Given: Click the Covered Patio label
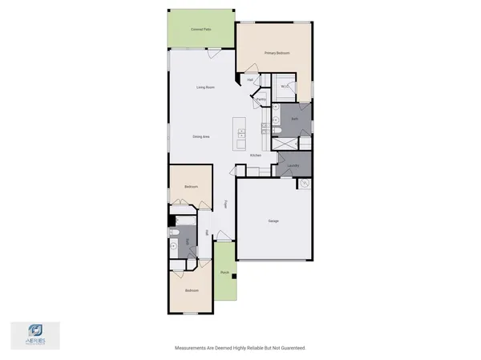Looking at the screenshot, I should (201, 29).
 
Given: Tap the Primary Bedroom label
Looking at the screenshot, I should (277, 53).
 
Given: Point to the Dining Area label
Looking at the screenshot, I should (201, 136).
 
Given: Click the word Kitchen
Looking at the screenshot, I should (256, 155).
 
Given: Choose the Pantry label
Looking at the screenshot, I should (261, 99).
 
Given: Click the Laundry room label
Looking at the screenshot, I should (293, 166).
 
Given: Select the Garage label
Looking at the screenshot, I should (273, 220).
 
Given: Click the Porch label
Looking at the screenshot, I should (224, 273).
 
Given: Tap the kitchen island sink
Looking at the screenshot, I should (239, 131).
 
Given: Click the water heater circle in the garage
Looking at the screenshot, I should (305, 184).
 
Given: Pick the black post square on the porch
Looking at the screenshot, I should (232, 277).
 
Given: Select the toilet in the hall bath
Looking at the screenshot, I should (173, 233).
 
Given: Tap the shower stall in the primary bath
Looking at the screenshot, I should (282, 144).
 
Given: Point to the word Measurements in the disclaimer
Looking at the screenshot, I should (192, 348).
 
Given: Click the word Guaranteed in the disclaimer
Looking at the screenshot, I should (291, 348).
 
